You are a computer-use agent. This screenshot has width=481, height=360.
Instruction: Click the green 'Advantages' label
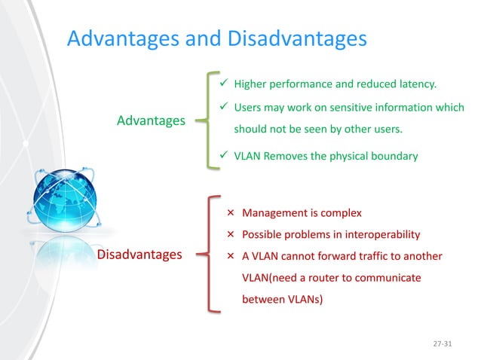tap(151, 121)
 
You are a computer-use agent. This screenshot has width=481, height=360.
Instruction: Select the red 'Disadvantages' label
tap(139, 255)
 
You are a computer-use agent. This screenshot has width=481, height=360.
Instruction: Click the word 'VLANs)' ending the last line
tap(302, 299)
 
